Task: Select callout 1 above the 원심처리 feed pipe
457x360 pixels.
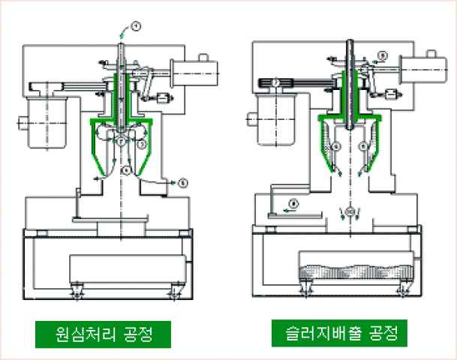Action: coord(136,27)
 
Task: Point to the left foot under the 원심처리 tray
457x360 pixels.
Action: coord(76,291)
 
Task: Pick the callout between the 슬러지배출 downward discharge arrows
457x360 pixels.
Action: coord(349,212)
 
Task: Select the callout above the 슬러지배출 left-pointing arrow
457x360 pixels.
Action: coord(294,202)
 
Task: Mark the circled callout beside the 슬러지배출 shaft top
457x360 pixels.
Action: coord(381,55)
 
